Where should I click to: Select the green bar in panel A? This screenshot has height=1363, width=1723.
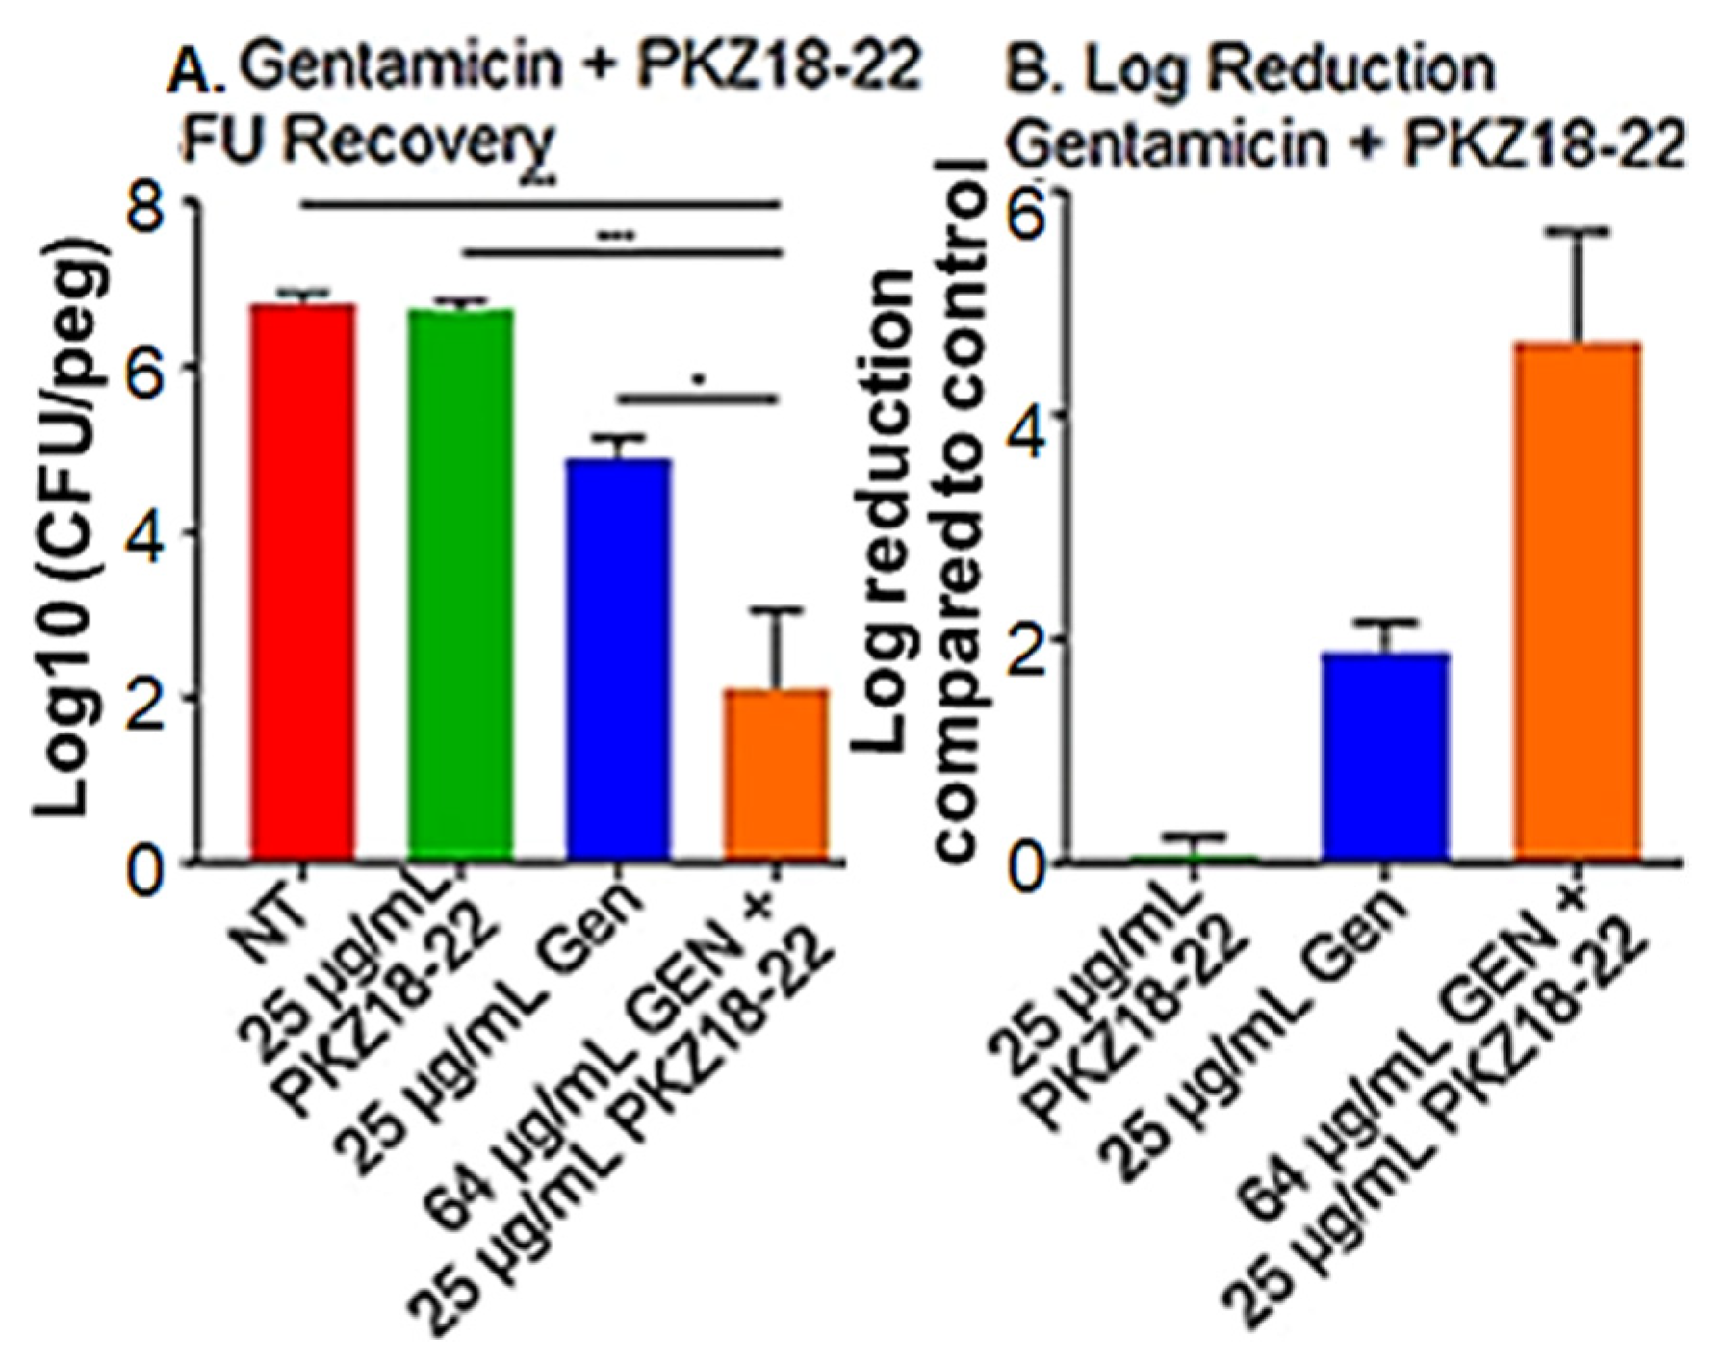[460, 583]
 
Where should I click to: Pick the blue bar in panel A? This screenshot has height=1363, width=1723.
[618, 658]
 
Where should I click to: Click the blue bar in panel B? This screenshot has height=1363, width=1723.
[1386, 756]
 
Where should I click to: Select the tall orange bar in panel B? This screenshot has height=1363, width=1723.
[1578, 602]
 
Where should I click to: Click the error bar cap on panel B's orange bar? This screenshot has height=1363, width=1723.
[1579, 231]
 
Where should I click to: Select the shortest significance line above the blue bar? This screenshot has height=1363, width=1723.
[696, 397]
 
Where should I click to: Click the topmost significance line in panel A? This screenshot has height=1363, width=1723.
[540, 204]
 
